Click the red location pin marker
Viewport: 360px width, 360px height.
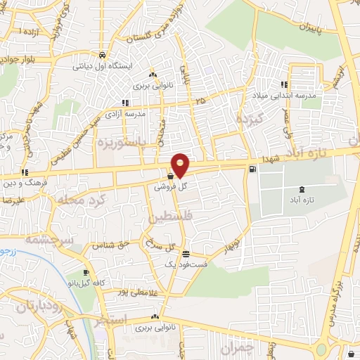(x=181, y=165)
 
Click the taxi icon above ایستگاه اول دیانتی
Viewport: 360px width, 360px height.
(x=103, y=55)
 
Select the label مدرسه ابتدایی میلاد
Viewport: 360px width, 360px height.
(x=310, y=95)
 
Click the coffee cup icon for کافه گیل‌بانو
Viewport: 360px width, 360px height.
(x=86, y=273)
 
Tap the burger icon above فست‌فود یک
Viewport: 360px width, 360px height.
(x=186, y=255)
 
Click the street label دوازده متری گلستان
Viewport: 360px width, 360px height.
(x=156, y=25)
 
